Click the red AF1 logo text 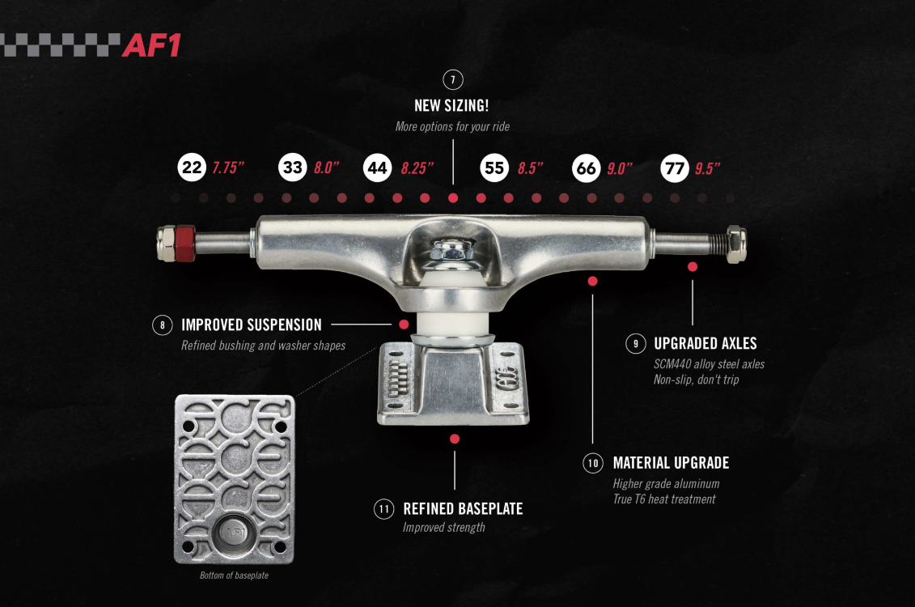[151, 45]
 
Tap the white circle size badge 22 [192, 168]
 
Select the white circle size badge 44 [377, 168]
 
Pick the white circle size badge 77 [674, 168]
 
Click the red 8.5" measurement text [530, 168]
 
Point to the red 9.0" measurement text [619, 168]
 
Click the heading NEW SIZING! [451, 106]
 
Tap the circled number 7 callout [452, 79]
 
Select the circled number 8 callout [163, 325]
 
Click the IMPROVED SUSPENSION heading [252, 325]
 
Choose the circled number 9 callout [635, 343]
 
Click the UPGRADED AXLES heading [705, 343]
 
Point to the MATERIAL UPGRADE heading [671, 463]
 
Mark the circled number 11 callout [383, 509]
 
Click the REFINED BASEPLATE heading [463, 509]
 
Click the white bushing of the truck [452, 306]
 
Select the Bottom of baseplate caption [234, 575]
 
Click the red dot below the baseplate [455, 439]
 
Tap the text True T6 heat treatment [664, 499]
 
